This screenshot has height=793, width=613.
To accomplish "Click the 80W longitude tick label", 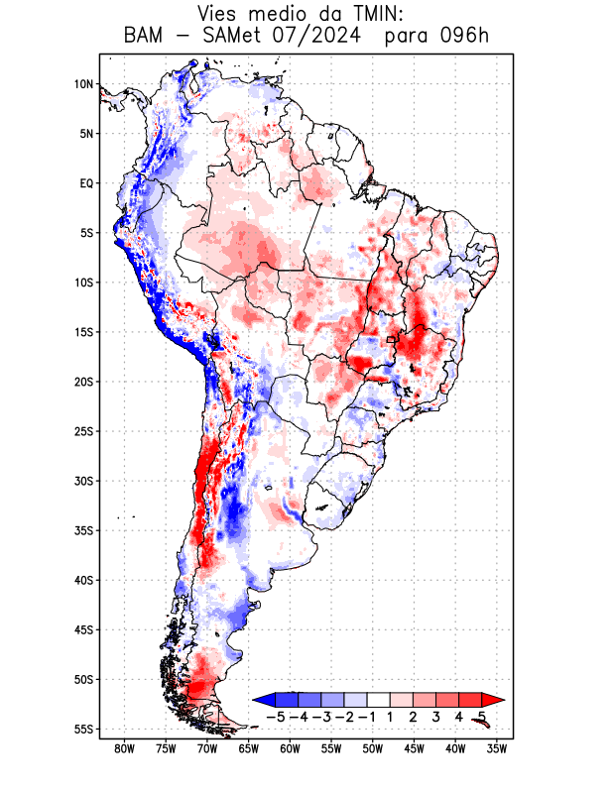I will click(x=124, y=748).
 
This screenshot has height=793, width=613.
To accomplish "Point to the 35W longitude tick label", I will click(x=498, y=748).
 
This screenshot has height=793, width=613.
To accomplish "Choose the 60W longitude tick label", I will click(x=291, y=748).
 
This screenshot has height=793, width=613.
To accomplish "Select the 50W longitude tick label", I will click(x=373, y=748).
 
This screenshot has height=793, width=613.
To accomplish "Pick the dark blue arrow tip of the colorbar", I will click(x=260, y=699).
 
